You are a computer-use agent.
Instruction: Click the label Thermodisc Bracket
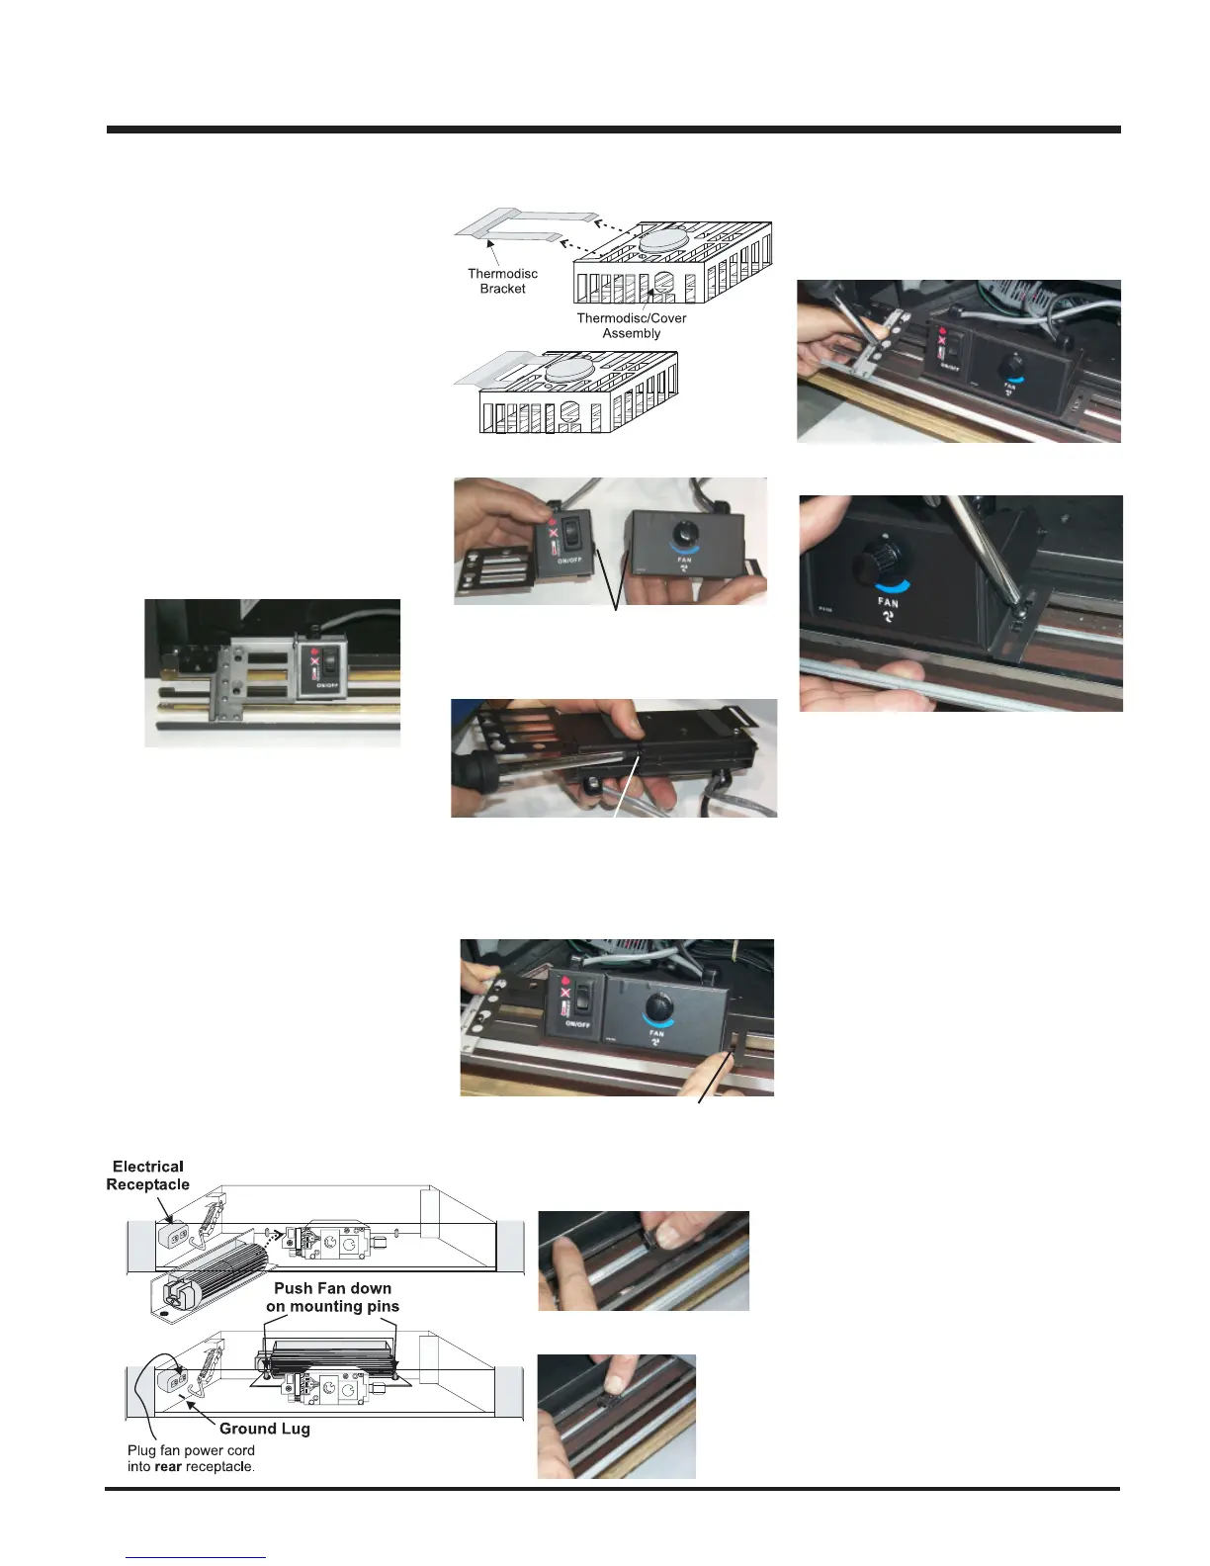[x=502, y=281]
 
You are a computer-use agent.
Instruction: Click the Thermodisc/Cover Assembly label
[x=631, y=325]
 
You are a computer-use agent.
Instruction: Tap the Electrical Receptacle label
[x=148, y=1175]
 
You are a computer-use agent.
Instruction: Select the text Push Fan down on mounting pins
[x=332, y=1297]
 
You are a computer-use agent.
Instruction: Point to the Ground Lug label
[x=264, y=1429]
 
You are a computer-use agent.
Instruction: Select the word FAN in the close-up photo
[x=888, y=602]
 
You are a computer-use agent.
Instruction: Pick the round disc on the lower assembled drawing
[x=569, y=370]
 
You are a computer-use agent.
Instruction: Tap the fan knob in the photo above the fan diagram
[x=657, y=1009]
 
